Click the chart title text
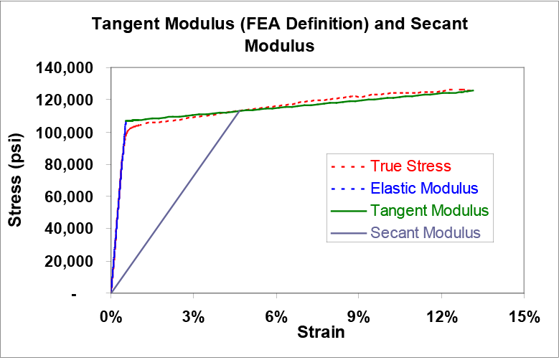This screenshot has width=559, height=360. (x=280, y=34)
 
